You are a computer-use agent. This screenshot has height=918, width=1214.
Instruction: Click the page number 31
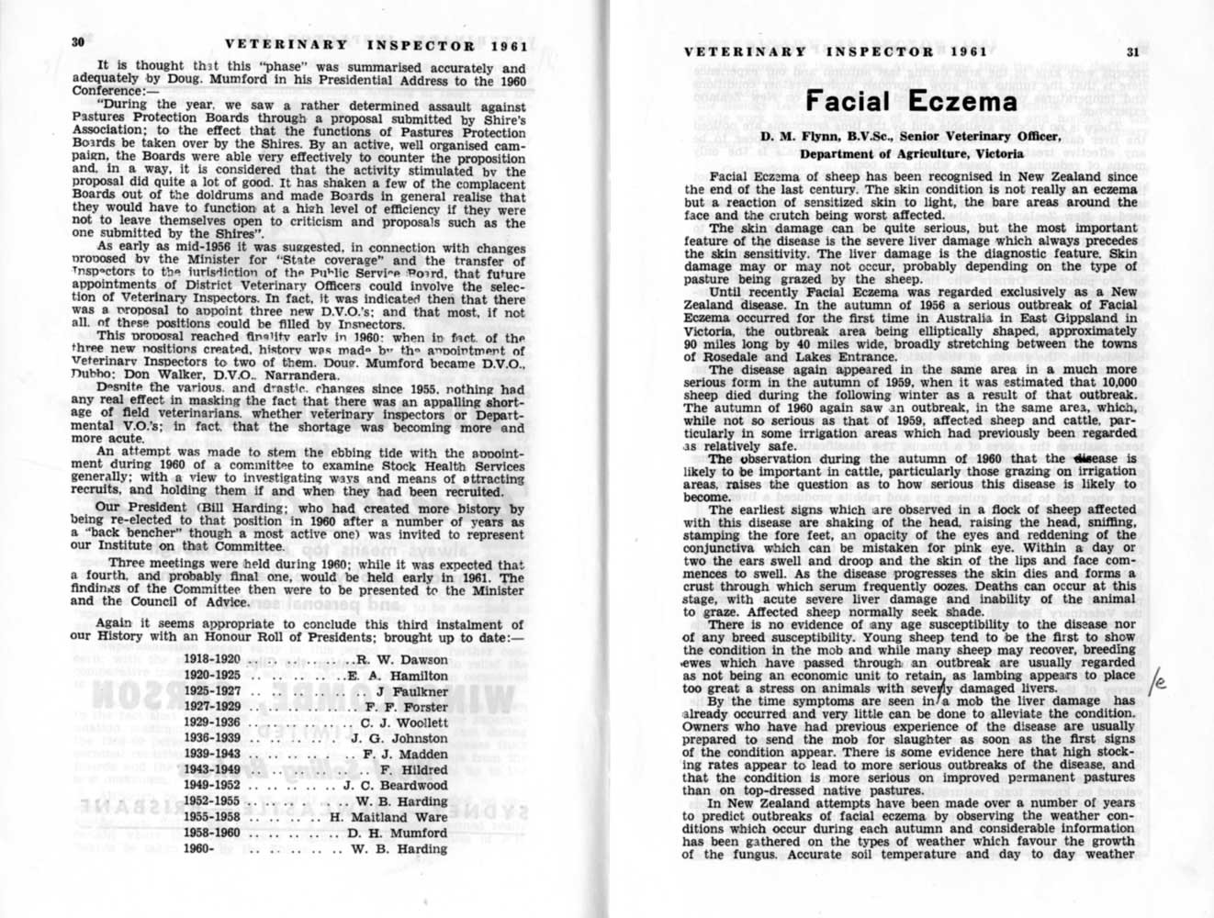click(1132, 51)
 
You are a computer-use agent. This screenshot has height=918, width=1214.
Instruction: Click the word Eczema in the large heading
click(963, 100)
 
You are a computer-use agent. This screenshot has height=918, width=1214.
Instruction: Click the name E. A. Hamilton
click(397, 676)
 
